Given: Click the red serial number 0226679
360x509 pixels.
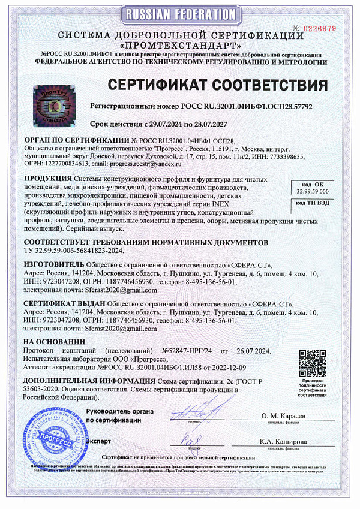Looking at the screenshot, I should click(322, 28).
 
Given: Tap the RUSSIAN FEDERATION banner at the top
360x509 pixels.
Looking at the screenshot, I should click(179, 14).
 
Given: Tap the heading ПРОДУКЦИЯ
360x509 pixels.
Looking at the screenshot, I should click(48, 179).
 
